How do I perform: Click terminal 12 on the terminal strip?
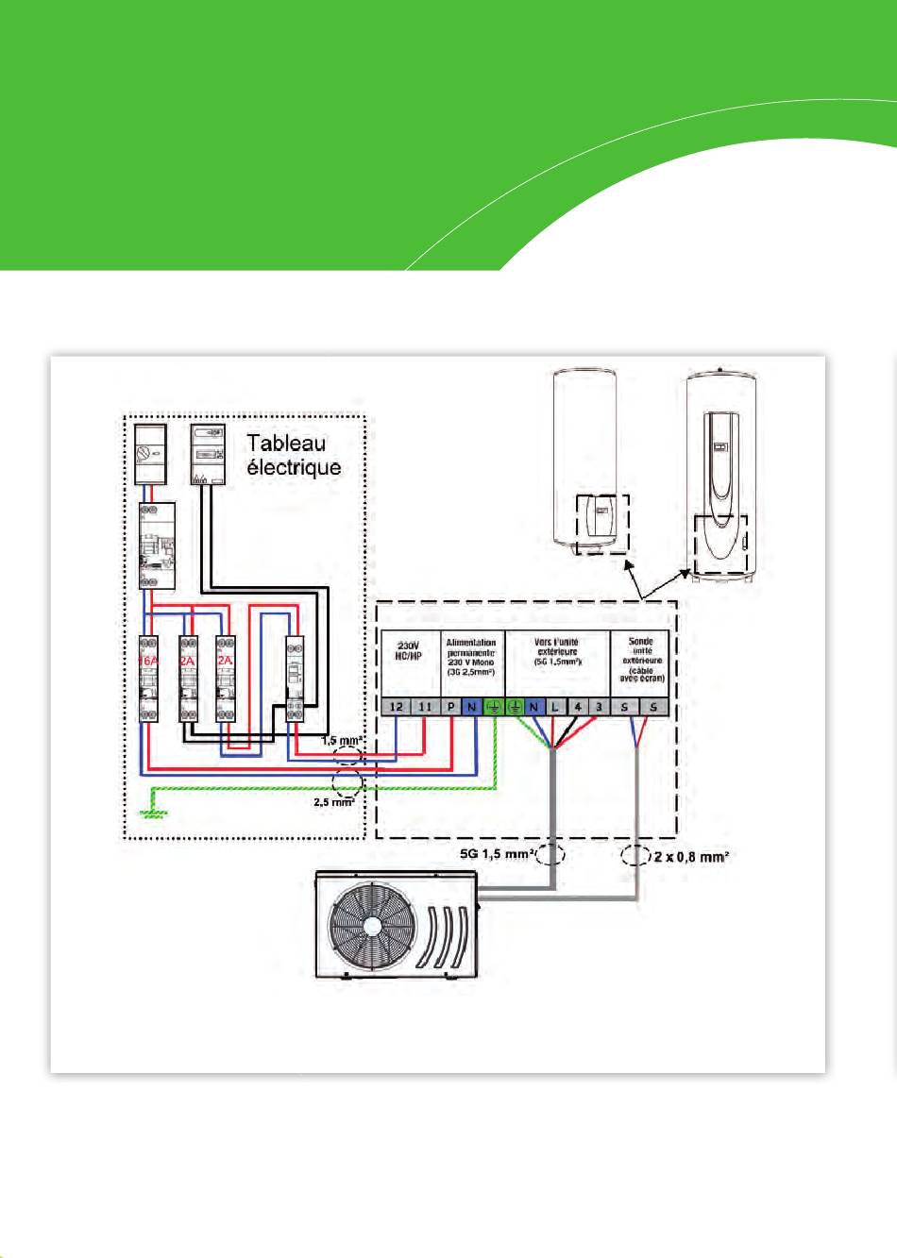(x=397, y=707)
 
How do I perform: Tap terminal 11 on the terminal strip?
(x=425, y=707)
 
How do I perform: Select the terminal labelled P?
(x=451, y=707)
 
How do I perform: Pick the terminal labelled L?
(x=555, y=707)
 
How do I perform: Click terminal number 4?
(x=578, y=707)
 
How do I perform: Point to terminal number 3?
(x=599, y=707)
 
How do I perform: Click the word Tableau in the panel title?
(x=287, y=444)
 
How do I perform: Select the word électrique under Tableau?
(x=294, y=467)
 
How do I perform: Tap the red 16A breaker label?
(x=148, y=661)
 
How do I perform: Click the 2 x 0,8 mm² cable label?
(x=691, y=857)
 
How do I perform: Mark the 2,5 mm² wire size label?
(x=334, y=801)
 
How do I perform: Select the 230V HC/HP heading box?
(x=408, y=651)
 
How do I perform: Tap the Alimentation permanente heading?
(x=471, y=657)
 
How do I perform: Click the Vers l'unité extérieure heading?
(x=557, y=651)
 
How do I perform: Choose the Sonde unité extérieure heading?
(x=641, y=659)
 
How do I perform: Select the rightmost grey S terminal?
(x=653, y=707)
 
